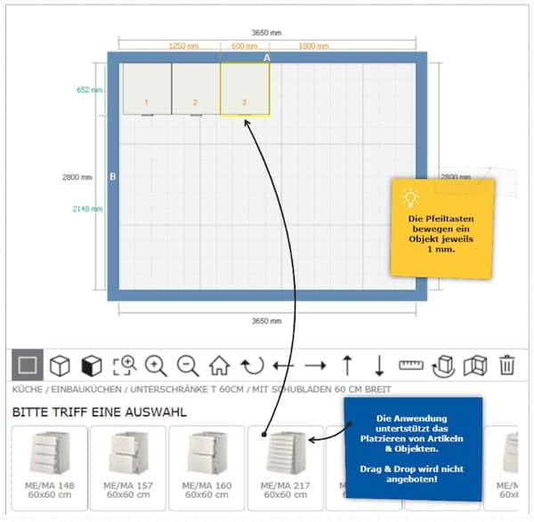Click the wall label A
[x=266, y=58]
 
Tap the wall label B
[x=113, y=177]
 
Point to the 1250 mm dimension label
[x=183, y=45]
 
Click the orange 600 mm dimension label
[x=244, y=45]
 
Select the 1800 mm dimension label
[x=313, y=45]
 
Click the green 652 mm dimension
[x=89, y=90]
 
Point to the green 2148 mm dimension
[x=87, y=210]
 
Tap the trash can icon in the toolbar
[x=506, y=365]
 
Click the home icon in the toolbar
[x=219, y=365]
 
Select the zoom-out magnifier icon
[x=187, y=365]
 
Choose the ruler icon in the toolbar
[x=410, y=365]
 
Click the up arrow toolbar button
[x=347, y=365]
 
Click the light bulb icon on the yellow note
[x=410, y=197]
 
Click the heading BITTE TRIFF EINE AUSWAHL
[x=99, y=413]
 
